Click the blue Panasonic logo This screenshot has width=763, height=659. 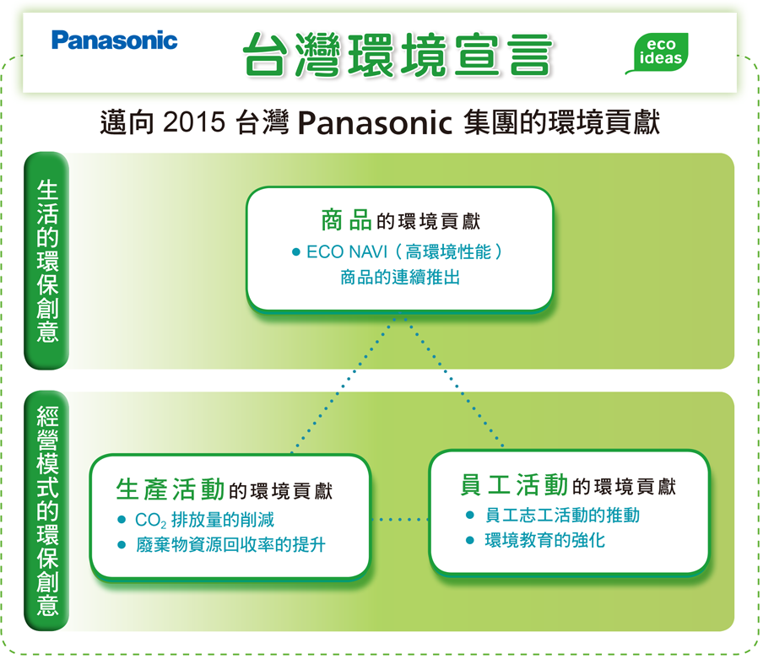[x=114, y=41]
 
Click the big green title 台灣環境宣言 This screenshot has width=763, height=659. [x=397, y=55]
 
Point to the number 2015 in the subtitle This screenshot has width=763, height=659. [x=194, y=122]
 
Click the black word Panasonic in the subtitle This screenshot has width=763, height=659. [x=375, y=122]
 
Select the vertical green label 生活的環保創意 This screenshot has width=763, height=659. [x=47, y=261]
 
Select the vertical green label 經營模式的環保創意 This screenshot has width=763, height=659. [x=47, y=510]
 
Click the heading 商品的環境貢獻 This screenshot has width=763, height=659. [x=400, y=220]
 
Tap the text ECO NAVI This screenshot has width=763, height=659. [x=347, y=252]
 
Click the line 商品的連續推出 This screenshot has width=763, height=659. [x=400, y=278]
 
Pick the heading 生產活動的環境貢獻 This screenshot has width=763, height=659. [x=225, y=489]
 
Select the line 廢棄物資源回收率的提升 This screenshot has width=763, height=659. [x=230, y=545]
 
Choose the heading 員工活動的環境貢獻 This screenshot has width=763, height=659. [x=568, y=485]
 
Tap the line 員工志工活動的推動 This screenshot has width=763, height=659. [x=562, y=515]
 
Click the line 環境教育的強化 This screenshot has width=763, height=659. [x=545, y=540]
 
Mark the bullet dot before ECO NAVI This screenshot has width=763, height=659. [x=296, y=252]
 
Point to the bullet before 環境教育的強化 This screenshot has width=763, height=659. [x=470, y=540]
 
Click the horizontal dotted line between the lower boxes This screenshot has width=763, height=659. [x=399, y=520]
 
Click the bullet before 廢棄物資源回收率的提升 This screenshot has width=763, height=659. [x=122, y=545]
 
